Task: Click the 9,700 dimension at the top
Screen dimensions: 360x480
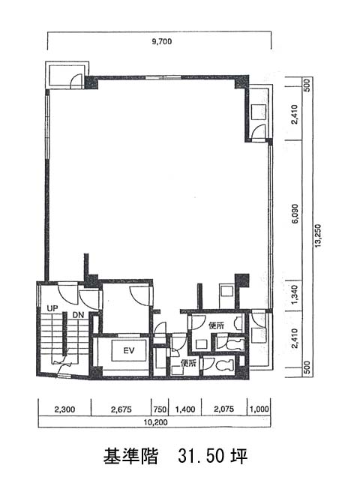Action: click(x=162, y=41)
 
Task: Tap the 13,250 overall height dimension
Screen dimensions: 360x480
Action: click(x=318, y=235)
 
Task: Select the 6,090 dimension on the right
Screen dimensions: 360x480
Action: click(x=295, y=213)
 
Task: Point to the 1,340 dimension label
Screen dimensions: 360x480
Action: click(x=295, y=295)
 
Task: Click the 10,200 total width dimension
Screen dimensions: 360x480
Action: click(x=156, y=422)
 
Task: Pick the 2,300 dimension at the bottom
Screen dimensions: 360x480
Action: click(x=64, y=409)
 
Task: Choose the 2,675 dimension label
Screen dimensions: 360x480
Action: click(x=121, y=409)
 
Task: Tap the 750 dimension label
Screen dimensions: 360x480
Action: click(x=160, y=409)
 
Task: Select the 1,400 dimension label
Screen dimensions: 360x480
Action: click(x=185, y=409)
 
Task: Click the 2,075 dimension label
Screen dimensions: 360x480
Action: click(x=224, y=409)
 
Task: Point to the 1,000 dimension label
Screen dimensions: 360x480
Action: click(x=259, y=409)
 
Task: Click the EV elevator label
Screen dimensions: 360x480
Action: click(x=129, y=350)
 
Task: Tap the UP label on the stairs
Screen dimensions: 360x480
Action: click(x=52, y=308)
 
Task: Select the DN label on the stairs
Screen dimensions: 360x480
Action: click(x=78, y=315)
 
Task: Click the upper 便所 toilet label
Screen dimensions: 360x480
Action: click(x=216, y=325)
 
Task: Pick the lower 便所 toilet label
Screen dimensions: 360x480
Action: click(x=188, y=363)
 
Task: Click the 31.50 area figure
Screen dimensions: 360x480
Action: click(x=200, y=456)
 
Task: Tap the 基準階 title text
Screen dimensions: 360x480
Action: click(x=130, y=456)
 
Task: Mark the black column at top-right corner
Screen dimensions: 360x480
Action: click(x=241, y=82)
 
